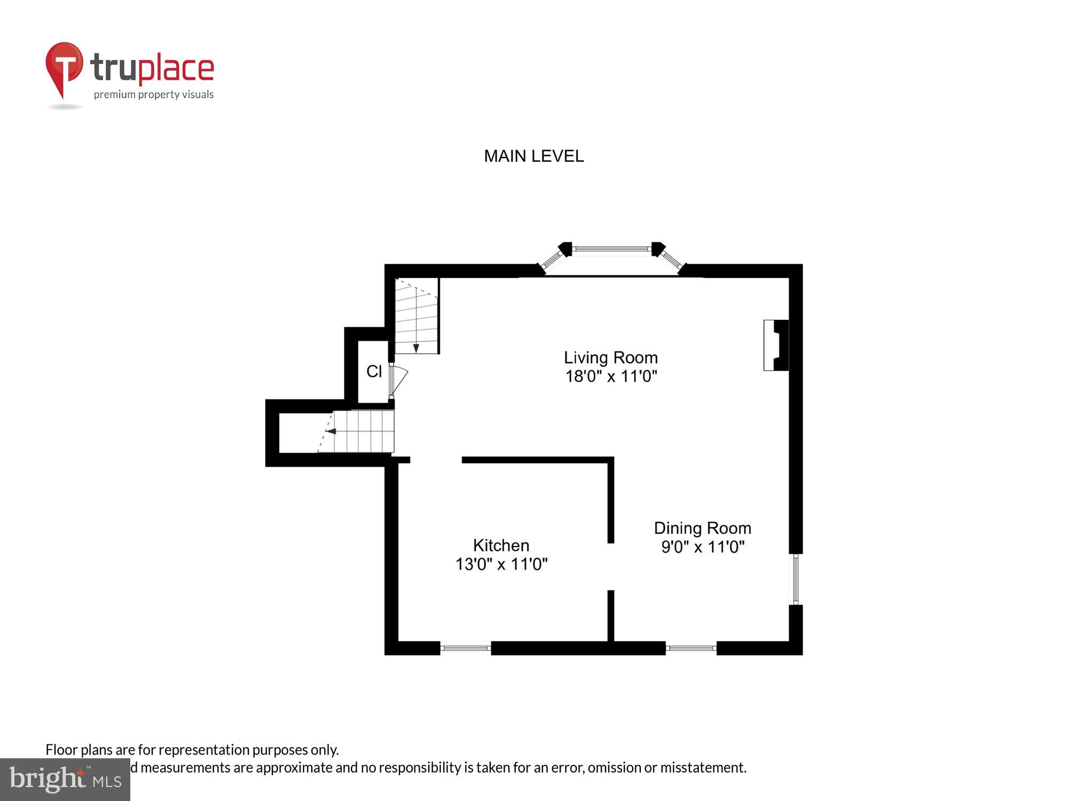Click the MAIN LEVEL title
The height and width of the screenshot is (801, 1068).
(533, 156)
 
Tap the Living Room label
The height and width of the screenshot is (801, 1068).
(610, 357)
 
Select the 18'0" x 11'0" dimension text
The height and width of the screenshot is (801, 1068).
(610, 376)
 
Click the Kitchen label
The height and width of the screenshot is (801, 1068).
(501, 545)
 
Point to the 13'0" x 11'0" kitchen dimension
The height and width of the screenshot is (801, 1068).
(501, 564)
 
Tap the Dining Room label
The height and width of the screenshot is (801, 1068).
(702, 528)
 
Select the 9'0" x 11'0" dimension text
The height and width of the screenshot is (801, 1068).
(702, 547)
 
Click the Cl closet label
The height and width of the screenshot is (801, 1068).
(374, 371)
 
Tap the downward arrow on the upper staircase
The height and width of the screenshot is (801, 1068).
(416, 348)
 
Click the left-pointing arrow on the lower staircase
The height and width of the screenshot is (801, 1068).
(331, 431)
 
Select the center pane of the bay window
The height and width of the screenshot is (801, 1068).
(611, 249)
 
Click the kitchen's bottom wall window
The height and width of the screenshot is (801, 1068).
(465, 648)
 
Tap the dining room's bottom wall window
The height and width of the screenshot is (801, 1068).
(690, 648)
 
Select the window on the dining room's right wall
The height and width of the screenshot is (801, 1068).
(795, 579)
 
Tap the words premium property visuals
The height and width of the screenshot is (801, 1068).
(154, 95)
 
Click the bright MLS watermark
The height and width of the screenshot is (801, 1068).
(65, 780)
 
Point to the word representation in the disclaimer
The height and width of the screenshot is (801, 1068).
(203, 750)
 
